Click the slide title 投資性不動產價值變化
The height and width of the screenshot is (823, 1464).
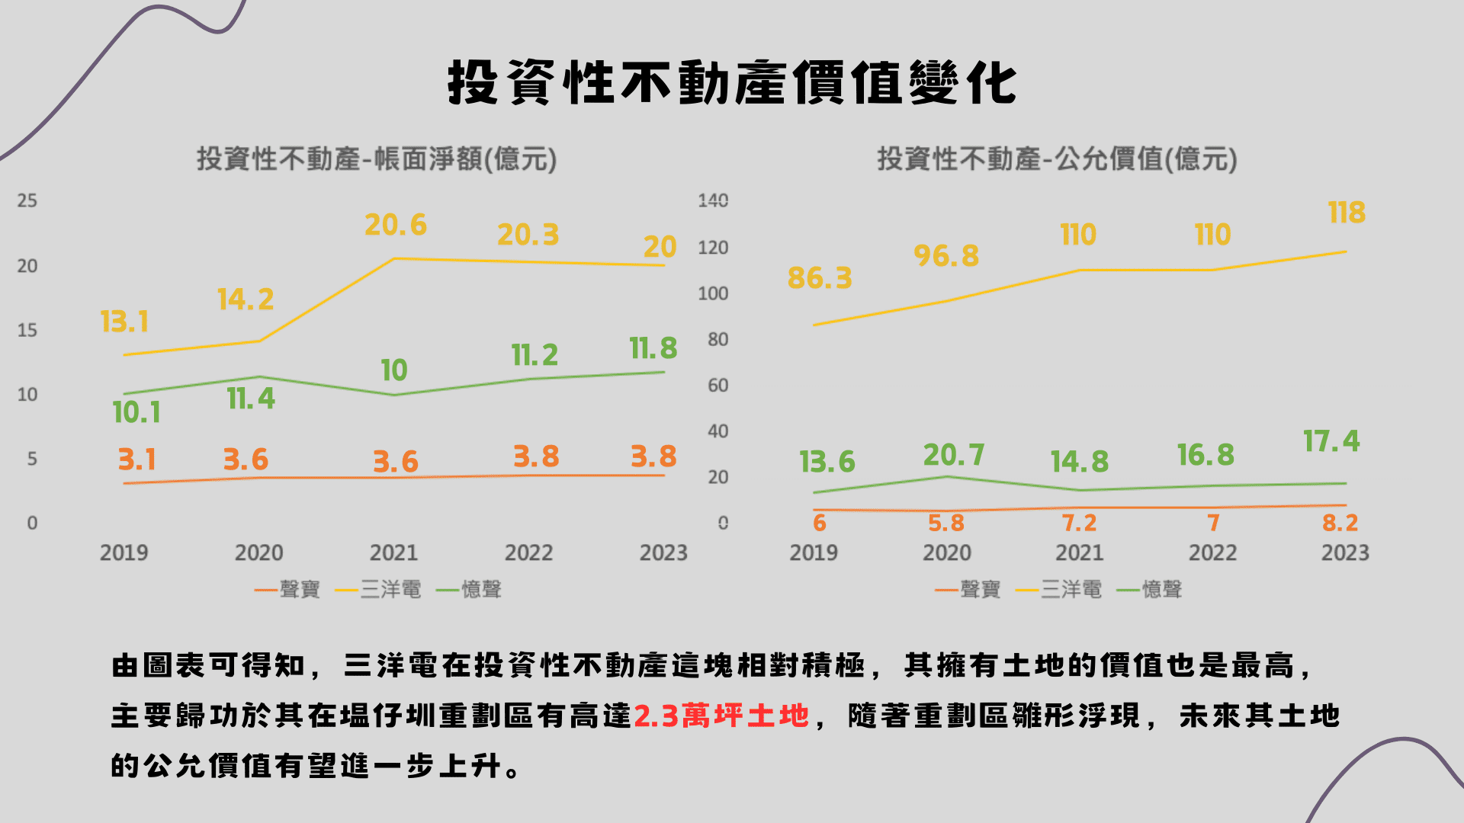click(x=732, y=82)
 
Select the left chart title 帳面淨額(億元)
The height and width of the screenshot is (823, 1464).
click(x=377, y=159)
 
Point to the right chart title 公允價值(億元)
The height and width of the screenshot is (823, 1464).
click(x=1057, y=159)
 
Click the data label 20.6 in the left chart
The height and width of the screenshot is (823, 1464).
click(x=395, y=225)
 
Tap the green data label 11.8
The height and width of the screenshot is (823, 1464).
click(x=653, y=348)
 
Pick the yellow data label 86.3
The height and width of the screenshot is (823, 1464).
click(x=820, y=278)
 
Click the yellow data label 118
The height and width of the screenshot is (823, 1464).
click(x=1347, y=213)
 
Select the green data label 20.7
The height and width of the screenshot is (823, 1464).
click(x=954, y=455)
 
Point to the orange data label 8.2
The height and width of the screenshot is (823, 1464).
click(x=1340, y=523)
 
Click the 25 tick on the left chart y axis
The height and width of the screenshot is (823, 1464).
click(x=27, y=200)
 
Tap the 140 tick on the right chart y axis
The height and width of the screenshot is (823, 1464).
click(x=713, y=200)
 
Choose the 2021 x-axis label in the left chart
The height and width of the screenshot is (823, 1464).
click(x=393, y=552)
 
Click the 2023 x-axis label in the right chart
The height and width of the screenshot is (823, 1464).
click(x=1345, y=552)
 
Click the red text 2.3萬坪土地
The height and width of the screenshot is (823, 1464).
click(x=721, y=716)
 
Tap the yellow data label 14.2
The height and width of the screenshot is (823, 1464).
click(x=246, y=299)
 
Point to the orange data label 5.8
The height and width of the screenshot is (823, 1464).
click(x=946, y=523)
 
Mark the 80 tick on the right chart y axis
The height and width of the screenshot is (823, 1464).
click(x=718, y=339)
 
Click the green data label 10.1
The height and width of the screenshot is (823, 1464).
click(x=136, y=412)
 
